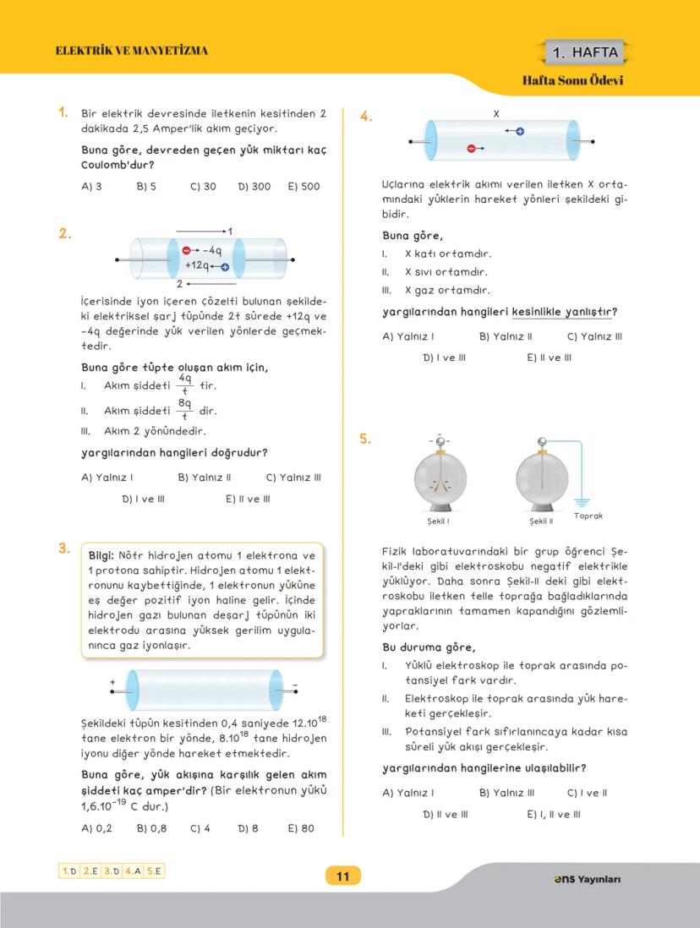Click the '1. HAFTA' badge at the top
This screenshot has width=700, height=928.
tap(584, 53)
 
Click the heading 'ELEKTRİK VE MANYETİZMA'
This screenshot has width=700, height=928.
tap(131, 51)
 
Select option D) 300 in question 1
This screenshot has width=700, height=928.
tap(254, 186)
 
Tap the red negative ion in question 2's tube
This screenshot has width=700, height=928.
tap(187, 250)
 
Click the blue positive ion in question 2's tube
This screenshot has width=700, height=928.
tap(225, 266)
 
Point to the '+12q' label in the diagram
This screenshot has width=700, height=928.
tap(196, 265)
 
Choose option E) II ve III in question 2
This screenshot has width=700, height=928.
tap(248, 499)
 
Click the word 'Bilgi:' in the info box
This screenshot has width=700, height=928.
tap(106, 555)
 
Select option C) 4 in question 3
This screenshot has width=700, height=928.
tap(200, 828)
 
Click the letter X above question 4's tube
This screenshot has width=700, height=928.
tap(496, 113)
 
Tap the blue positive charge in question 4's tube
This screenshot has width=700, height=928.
tap(520, 131)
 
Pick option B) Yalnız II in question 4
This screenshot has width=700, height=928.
tap(506, 336)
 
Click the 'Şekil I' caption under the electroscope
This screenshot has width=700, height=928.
tap(438, 521)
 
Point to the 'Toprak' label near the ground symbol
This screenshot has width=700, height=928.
tap(588, 516)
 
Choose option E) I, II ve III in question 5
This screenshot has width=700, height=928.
tap(553, 815)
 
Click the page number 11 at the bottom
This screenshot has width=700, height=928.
tap(342, 876)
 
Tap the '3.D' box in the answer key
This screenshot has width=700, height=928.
tap(111, 871)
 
